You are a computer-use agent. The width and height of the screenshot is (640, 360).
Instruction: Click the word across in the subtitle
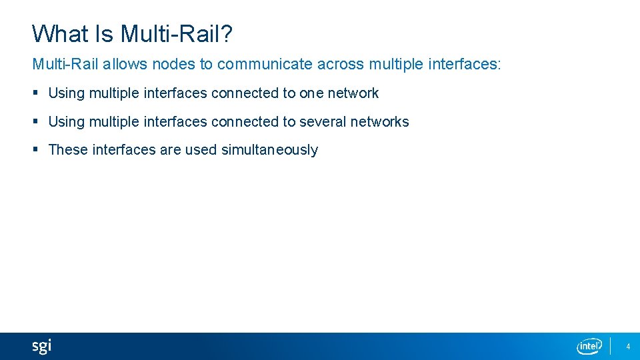tap(340, 65)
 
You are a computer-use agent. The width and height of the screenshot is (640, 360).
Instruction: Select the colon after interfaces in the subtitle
tap(499, 65)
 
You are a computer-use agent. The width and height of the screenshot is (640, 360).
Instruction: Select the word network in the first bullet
tap(353, 93)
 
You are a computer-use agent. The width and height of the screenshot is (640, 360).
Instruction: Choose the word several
tap(323, 122)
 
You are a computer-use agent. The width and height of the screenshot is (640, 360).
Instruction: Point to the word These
tap(69, 150)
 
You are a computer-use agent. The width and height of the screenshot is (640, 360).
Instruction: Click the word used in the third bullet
tap(201, 150)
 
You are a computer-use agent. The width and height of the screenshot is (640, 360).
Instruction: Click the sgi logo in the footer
tap(41, 347)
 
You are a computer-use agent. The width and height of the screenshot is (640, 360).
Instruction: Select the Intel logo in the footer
tap(589, 346)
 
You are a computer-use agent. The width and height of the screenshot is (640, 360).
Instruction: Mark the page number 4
tap(628, 347)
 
